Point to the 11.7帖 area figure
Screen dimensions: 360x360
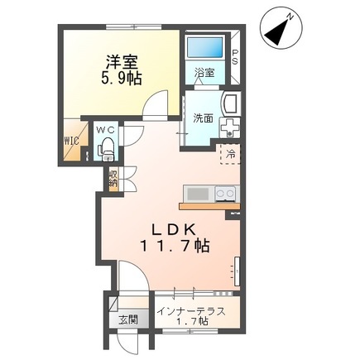click(175, 246)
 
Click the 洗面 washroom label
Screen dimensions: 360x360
click(203, 118)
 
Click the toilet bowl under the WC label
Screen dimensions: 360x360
click(106, 150)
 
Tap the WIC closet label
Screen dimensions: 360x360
click(72, 141)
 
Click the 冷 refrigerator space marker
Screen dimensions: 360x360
click(231, 155)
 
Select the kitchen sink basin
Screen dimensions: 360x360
click(199, 194)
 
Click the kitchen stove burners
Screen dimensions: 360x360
click(224, 193)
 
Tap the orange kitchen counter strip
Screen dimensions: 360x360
click(209, 205)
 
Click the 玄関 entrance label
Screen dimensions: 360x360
click(127, 319)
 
